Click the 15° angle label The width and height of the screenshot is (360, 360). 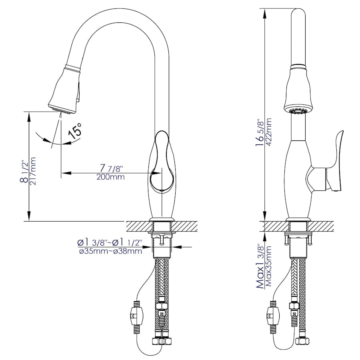(75, 130)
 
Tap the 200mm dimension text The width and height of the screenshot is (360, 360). (110, 177)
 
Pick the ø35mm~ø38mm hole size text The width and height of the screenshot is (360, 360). (110, 251)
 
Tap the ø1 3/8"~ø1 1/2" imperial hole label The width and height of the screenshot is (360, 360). (110, 242)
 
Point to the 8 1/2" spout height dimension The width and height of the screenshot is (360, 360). (25, 172)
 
